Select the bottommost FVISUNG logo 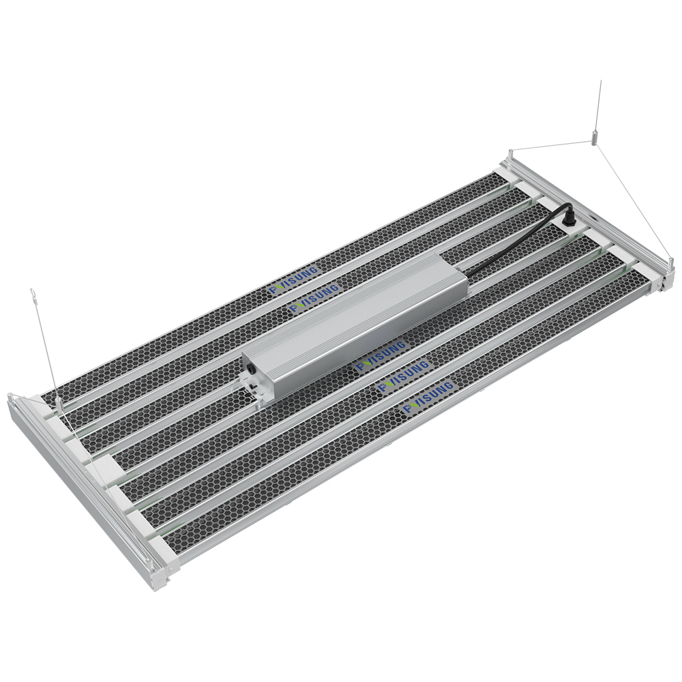[x=429, y=399]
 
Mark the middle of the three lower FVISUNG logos [x=404, y=377]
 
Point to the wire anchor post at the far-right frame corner [x=671, y=263]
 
